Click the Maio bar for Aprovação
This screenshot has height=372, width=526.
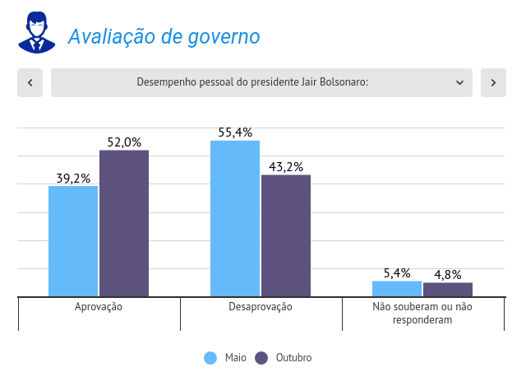pyautogui.click(x=73, y=241)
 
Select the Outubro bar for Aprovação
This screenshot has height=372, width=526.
pyautogui.click(x=124, y=223)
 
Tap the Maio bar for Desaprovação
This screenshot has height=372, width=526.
pyautogui.click(x=235, y=218)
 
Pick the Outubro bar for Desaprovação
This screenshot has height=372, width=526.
pyautogui.click(x=286, y=235)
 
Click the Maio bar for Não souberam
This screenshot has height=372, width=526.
pyautogui.click(x=397, y=289)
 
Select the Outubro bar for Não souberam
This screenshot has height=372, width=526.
pyautogui.click(x=448, y=290)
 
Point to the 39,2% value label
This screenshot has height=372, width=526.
pyautogui.click(x=73, y=178)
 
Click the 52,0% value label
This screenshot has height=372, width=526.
pyautogui.click(x=124, y=142)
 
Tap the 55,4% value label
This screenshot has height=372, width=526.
pyautogui.click(x=235, y=133)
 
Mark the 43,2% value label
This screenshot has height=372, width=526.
pyautogui.click(x=286, y=167)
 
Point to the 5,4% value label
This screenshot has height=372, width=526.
pyautogui.click(x=397, y=273)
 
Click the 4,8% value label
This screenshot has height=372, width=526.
pyautogui.click(x=448, y=275)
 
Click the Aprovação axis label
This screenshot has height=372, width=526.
pyautogui.click(x=99, y=307)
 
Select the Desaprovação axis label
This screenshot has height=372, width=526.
pyautogui.click(x=261, y=307)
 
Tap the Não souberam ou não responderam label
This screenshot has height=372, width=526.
pyautogui.click(x=422, y=313)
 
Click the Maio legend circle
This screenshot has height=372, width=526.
pyautogui.click(x=210, y=358)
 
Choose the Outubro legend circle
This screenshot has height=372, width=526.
pyautogui.click(x=262, y=358)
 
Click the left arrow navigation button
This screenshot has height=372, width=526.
pyautogui.click(x=30, y=82)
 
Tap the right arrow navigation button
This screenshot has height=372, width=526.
pyautogui.click(x=493, y=82)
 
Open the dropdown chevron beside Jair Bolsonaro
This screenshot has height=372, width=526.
pyautogui.click(x=459, y=82)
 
